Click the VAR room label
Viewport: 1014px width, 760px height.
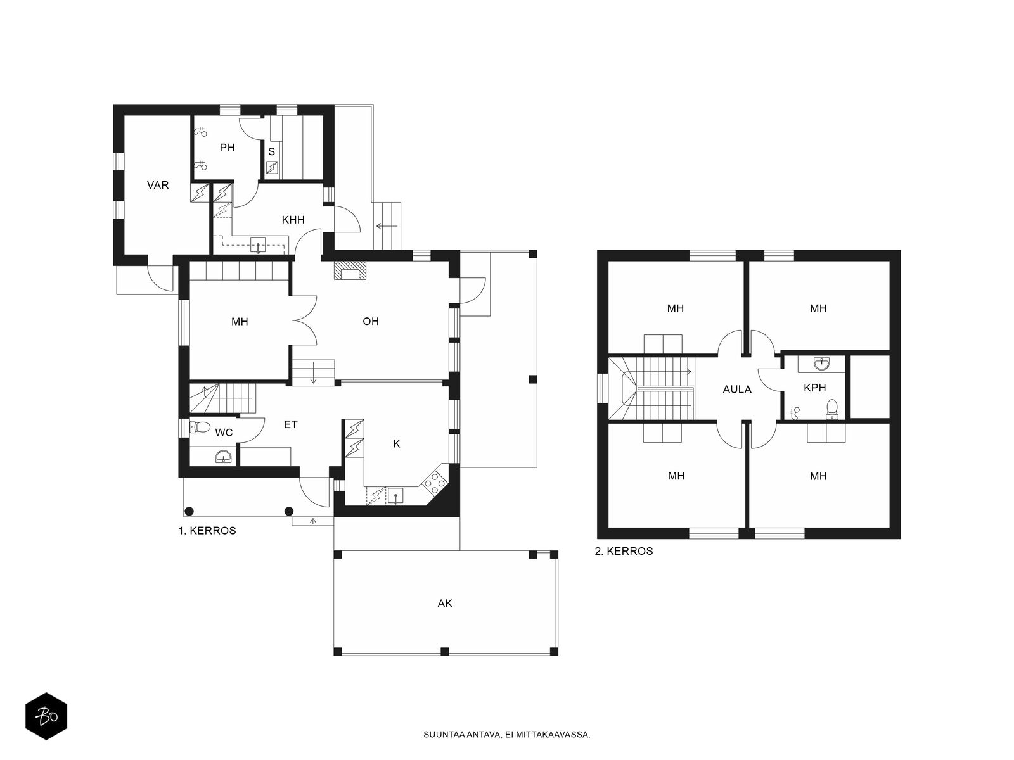[158, 185]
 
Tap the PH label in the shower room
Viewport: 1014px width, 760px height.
[228, 148]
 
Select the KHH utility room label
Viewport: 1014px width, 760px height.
[293, 220]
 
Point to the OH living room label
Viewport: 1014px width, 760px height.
[371, 321]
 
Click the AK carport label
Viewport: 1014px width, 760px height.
[445, 603]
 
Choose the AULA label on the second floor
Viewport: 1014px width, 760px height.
[737, 389]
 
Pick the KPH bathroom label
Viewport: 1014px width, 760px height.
[814, 388]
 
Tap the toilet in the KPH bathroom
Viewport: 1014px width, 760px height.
[832, 409]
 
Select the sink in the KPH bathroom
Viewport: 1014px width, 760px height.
[822, 365]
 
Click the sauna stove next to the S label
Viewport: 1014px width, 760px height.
[272, 167]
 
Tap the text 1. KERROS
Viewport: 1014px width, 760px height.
[207, 531]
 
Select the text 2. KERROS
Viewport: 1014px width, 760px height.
[624, 551]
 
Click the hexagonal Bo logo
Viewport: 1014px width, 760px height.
[46, 716]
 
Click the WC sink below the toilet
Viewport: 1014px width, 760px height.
[224, 457]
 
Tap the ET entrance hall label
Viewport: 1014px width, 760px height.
[290, 424]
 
